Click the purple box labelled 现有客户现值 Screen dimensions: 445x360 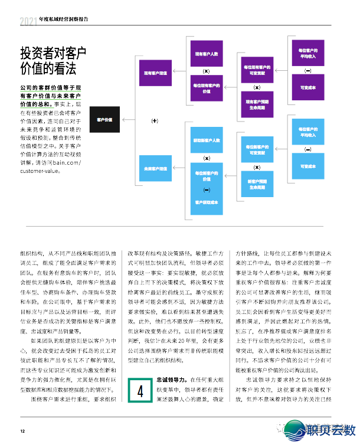(155, 73)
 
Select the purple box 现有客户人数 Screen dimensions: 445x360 (207, 54)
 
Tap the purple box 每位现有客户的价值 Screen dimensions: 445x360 (207, 89)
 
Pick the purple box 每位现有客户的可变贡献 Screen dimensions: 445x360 (257, 70)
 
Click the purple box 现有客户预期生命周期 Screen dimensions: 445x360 (257, 104)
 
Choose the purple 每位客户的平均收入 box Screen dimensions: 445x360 (308, 53)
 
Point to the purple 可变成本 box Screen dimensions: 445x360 (308, 87)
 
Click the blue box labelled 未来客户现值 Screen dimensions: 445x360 (155, 169)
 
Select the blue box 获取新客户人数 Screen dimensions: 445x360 (207, 140)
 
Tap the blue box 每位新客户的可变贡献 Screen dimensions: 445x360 (257, 150)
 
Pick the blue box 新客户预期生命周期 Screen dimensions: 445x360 (257, 184)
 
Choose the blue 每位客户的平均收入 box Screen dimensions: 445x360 (308, 132)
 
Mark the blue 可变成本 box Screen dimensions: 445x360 (308, 166)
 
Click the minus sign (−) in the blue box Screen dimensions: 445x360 (207, 189)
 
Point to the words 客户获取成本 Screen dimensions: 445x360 (207, 202)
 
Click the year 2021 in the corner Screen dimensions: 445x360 (28, 22)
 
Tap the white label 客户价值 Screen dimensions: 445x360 (104, 120)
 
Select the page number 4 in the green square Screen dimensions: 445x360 (140, 391)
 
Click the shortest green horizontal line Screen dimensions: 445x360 (37, 108)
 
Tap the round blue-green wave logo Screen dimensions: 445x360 (294, 430)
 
